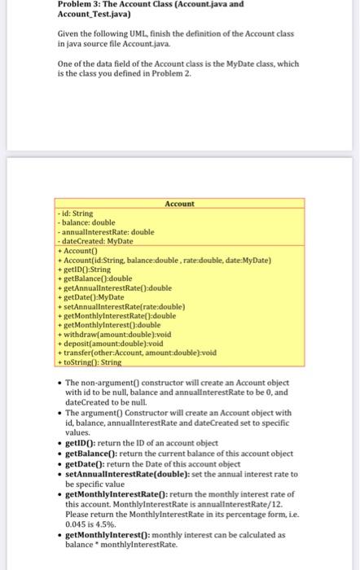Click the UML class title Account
click(179, 204)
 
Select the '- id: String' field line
click(75, 213)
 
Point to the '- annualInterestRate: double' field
click(103, 231)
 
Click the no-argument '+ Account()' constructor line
click(78, 250)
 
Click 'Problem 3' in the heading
click(81, 6)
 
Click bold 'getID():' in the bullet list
click(83, 442)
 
